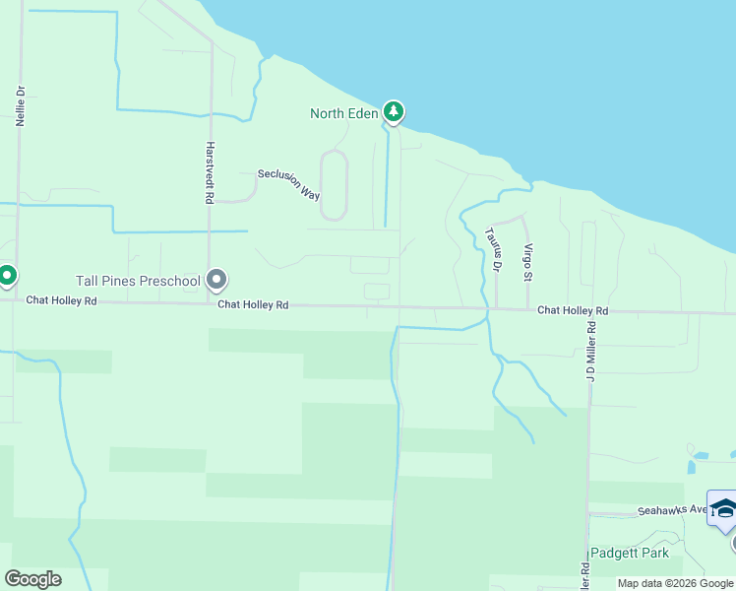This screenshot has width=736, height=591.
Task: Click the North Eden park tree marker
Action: (394, 112)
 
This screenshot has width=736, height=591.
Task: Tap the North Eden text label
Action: (344, 113)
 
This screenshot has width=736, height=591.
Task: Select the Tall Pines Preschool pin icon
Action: (217, 282)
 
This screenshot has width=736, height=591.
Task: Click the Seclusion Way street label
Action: (289, 184)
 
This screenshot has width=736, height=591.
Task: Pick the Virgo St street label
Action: (528, 262)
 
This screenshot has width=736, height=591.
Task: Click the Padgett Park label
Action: (630, 553)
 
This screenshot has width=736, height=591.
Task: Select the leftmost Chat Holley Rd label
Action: (61, 300)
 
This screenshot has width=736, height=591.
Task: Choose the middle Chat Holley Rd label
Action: (253, 305)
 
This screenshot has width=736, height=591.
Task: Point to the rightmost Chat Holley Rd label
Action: (573, 311)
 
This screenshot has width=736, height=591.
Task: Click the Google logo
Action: (32, 578)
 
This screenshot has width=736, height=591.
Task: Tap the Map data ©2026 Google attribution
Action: (675, 583)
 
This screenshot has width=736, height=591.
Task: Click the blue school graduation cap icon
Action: (723, 509)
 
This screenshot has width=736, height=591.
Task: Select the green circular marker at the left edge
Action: (6, 276)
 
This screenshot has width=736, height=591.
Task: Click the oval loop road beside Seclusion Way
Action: (334, 184)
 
